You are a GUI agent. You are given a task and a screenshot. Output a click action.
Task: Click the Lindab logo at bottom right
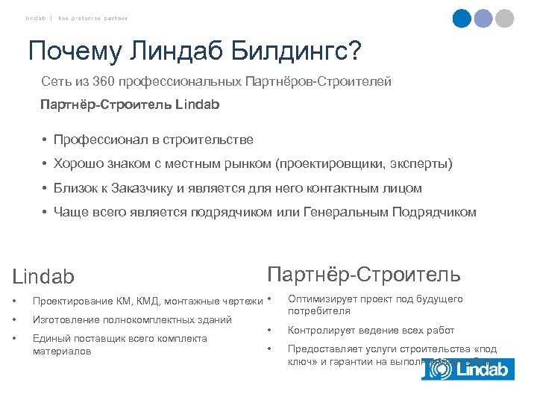(x=468, y=369)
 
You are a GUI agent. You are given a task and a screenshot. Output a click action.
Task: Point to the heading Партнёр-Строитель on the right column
(x=363, y=275)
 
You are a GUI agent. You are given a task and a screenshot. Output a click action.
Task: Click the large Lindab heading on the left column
(x=44, y=277)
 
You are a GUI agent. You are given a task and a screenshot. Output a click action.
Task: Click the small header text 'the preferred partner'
(x=94, y=18)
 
